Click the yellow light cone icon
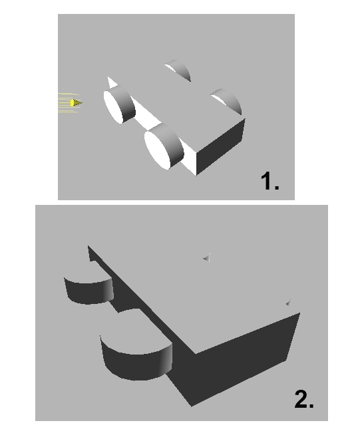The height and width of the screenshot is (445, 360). coord(76,102)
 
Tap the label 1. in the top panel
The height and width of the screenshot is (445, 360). coord(270,181)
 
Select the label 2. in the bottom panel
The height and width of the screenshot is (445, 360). coord(304,398)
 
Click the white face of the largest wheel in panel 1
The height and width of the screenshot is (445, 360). coord(157,150)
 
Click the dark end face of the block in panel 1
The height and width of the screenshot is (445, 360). coord(220,147)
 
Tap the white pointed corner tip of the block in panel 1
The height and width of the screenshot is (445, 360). coord(108,77)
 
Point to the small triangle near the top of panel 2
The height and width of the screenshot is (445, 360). coord(207,257)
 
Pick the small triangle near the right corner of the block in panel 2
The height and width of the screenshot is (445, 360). coord(288,303)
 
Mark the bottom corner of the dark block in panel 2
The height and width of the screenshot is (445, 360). coord(192,406)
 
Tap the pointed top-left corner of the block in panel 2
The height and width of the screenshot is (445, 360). coord(88,245)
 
